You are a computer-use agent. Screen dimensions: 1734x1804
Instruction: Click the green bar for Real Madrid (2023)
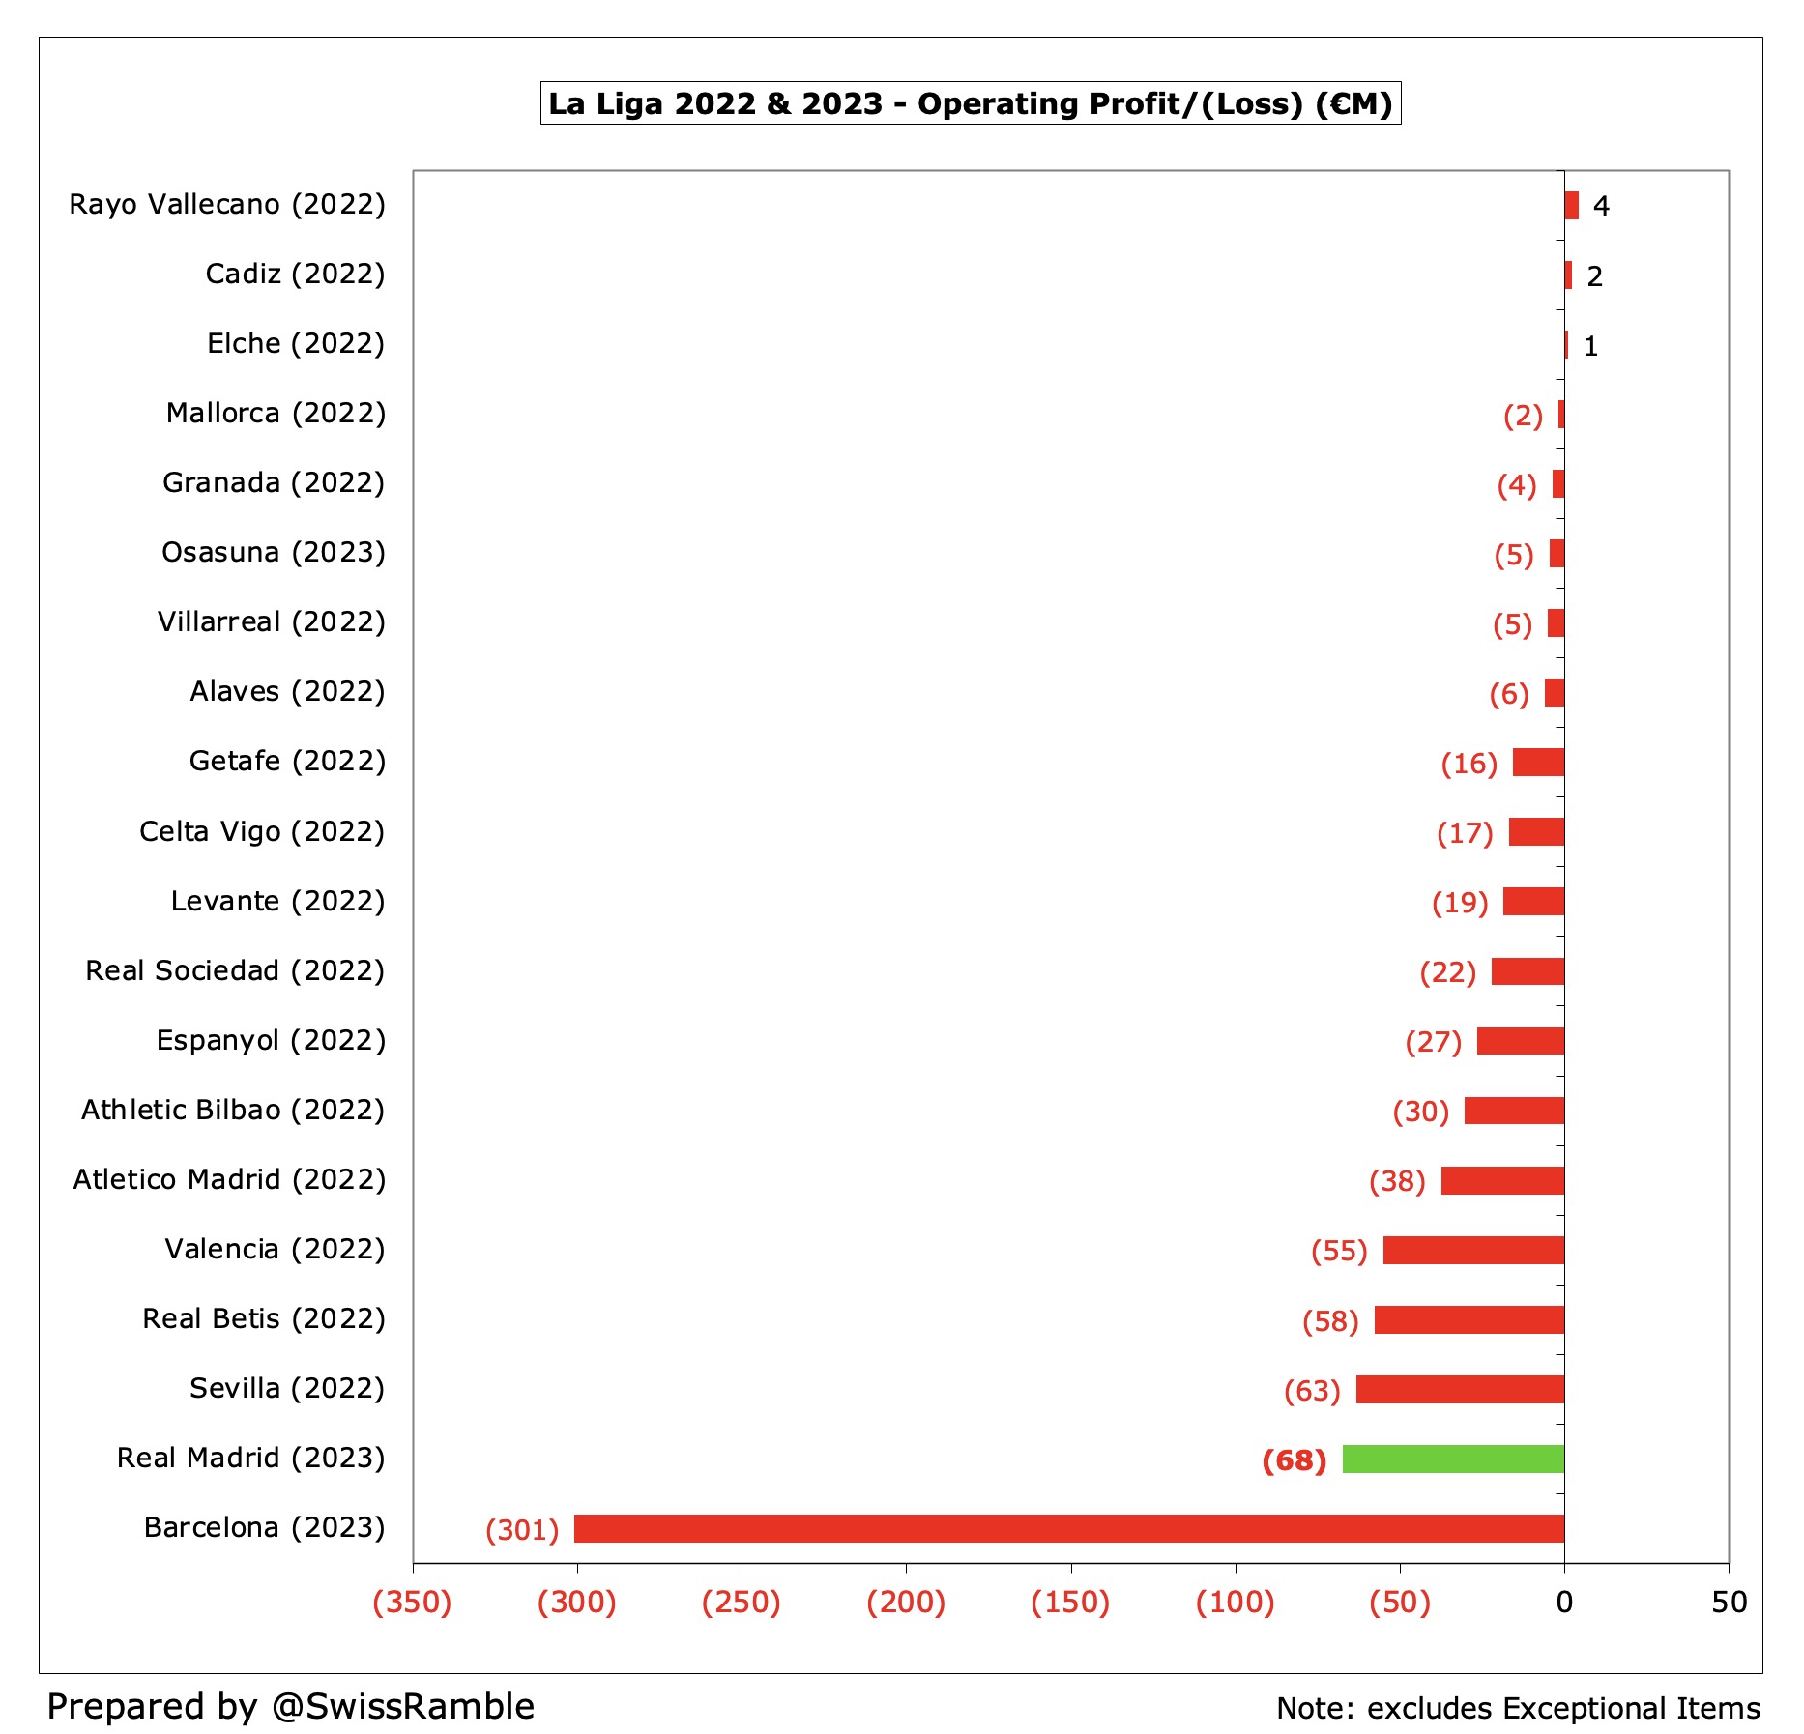click(x=1452, y=1459)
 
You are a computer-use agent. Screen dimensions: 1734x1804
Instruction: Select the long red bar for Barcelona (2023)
click(x=1068, y=1528)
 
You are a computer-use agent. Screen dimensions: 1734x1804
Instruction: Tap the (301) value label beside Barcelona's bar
click(x=522, y=1530)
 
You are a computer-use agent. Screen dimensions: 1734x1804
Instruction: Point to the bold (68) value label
click(x=1294, y=1459)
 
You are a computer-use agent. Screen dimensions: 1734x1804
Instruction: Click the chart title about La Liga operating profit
click(x=970, y=103)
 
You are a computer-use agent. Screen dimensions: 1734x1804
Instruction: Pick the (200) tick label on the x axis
click(x=905, y=1603)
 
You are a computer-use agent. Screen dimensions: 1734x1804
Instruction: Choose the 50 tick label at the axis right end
click(x=1729, y=1603)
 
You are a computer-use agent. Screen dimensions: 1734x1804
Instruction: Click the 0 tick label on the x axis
click(x=1564, y=1603)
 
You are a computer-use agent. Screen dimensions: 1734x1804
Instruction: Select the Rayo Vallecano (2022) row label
click(x=227, y=205)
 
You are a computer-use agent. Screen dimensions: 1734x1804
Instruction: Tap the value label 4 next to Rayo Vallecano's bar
click(x=1601, y=206)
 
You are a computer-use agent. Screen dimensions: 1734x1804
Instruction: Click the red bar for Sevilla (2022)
click(x=1460, y=1389)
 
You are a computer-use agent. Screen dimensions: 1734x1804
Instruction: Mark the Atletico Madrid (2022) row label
click(x=229, y=1179)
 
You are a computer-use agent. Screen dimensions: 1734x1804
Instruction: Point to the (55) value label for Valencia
click(x=1339, y=1251)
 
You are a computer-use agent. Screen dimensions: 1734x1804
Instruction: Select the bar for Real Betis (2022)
click(x=1469, y=1319)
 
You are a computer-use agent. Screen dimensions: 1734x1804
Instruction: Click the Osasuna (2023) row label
click(x=274, y=552)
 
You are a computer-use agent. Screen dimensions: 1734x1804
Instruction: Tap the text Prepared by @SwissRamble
click(x=290, y=1706)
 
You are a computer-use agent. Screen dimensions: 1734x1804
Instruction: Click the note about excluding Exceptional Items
click(x=1518, y=1708)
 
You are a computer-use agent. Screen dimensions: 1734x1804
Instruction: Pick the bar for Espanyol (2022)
click(x=1520, y=1041)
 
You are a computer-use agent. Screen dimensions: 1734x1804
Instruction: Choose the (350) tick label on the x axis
click(x=412, y=1603)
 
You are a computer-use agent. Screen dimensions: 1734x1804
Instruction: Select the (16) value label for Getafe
click(x=1469, y=764)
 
